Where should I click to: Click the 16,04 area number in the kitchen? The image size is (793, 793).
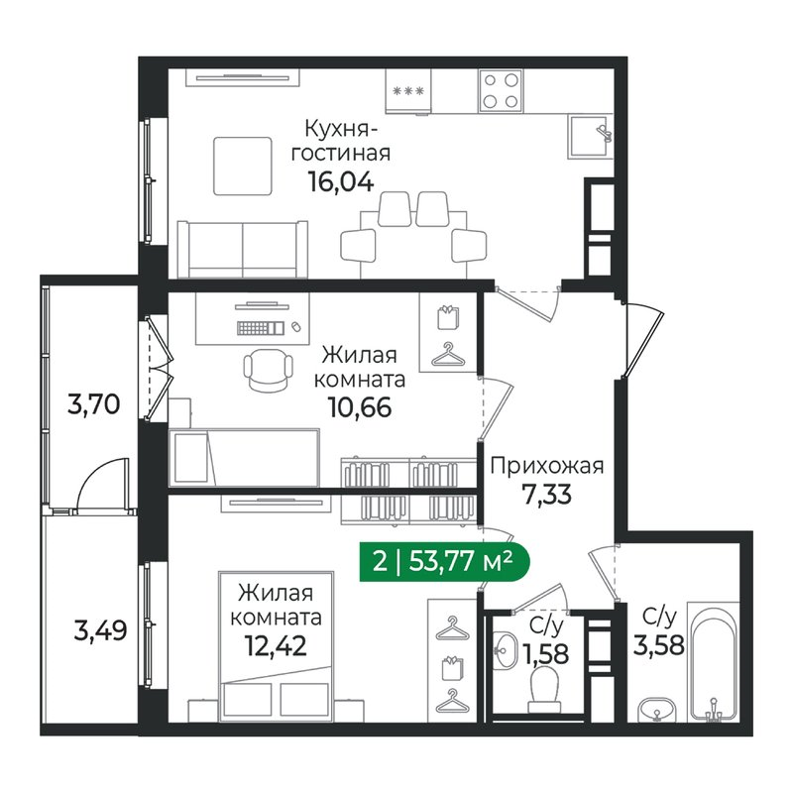pos(341,182)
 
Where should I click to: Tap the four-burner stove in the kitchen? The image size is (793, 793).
pos(501,90)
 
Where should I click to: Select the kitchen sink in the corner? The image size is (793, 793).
pos(590,137)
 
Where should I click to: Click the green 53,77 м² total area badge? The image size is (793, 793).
pos(444,561)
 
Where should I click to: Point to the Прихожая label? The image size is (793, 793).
pos(547,465)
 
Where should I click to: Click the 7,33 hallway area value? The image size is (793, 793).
pos(547,495)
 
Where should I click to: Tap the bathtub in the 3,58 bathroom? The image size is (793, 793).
pos(714,661)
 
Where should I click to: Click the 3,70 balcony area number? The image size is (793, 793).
pos(93,404)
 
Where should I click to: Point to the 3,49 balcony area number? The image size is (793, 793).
pos(100,631)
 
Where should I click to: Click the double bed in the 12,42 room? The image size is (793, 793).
pos(277,647)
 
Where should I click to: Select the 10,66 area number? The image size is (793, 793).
pos(360,407)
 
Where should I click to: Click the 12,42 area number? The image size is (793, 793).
pos(277,645)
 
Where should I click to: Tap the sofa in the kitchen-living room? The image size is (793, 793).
pos(242,250)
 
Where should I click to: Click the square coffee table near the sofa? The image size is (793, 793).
pos(243,166)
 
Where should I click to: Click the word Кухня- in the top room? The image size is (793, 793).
pos(341,129)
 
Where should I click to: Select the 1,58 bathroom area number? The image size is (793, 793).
pos(546,655)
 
